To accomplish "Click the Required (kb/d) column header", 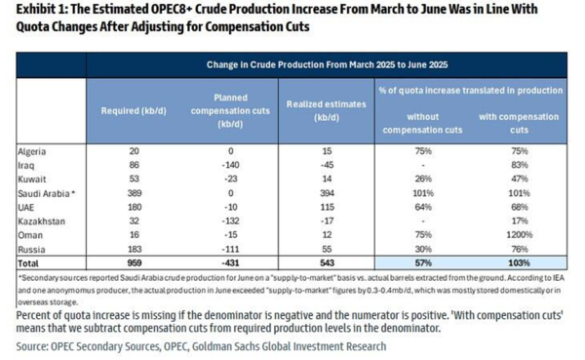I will [134, 110].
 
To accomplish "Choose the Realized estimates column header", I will [321, 109].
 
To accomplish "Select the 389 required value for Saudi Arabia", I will [134, 194].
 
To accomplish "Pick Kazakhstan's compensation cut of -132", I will [229, 221].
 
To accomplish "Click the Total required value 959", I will [134, 264].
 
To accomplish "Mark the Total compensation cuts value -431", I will [229, 264].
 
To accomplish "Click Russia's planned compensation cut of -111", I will [229, 250].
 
